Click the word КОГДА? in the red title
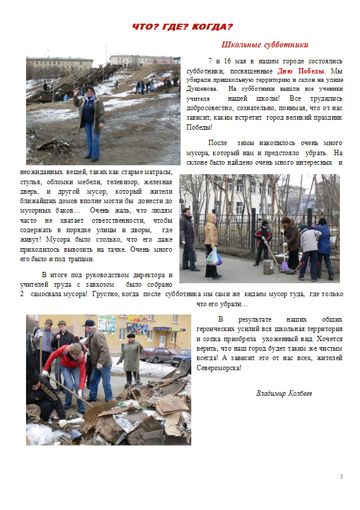click(210, 27)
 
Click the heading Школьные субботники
click(265, 45)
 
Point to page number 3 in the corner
click(341, 477)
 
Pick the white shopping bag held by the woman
click(213, 256)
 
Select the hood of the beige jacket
click(211, 218)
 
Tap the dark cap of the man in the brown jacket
click(89, 323)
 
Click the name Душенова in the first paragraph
click(202, 88)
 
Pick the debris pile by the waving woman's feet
click(56, 144)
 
